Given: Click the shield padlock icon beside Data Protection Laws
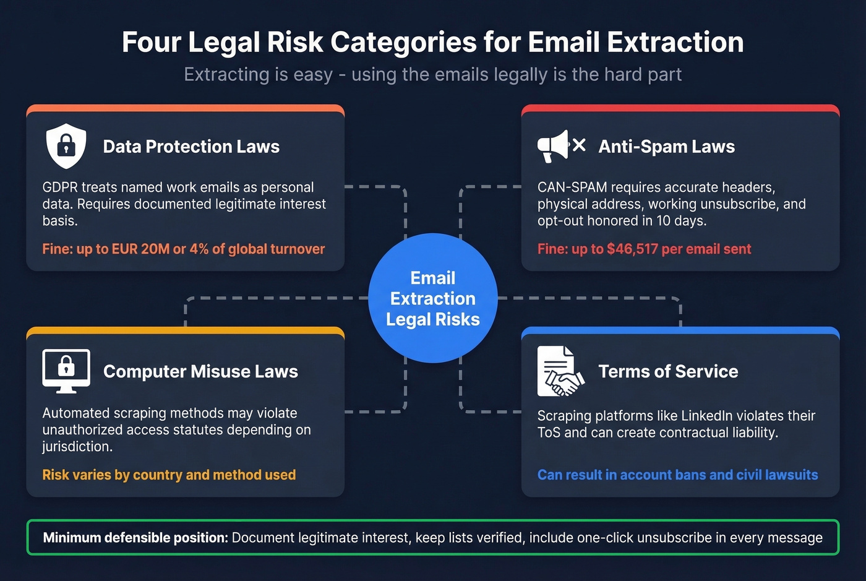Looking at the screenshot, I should (x=66, y=146).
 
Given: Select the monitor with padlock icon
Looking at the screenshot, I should (x=66, y=370).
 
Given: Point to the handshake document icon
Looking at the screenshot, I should (x=560, y=371).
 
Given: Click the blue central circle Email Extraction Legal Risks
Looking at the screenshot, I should (x=433, y=298).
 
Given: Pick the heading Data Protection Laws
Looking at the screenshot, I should (x=191, y=147).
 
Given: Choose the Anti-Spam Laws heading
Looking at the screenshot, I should (x=666, y=147).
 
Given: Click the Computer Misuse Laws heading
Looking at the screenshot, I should (x=200, y=371).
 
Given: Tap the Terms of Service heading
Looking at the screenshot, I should (x=668, y=371).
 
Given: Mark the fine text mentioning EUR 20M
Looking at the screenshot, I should (x=184, y=249).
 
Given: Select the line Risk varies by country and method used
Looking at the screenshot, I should (x=169, y=475).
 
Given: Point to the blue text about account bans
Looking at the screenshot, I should (x=677, y=475).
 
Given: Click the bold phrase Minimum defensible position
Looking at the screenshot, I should (x=135, y=538).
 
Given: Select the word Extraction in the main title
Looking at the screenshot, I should (x=675, y=42).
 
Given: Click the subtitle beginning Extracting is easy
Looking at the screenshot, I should (x=433, y=74).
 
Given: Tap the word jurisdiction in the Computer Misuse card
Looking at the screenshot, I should (x=77, y=447).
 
